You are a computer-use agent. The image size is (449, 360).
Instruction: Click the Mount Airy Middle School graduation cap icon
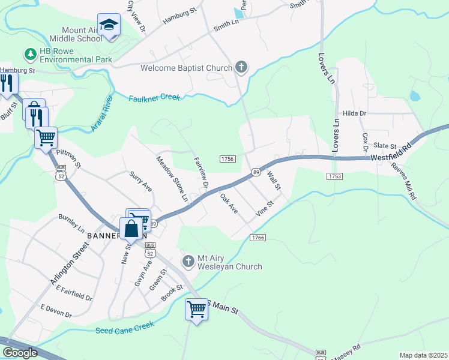(x=109, y=25)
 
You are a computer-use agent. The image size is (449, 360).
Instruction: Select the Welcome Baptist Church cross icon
(x=241, y=67)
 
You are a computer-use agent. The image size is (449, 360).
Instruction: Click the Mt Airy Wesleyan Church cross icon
(x=189, y=260)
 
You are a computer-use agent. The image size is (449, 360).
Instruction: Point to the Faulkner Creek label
(x=154, y=97)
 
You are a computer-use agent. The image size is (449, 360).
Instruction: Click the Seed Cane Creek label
(x=125, y=328)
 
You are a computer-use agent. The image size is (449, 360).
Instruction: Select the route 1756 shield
(x=228, y=158)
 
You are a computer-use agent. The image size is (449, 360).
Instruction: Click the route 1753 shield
(x=335, y=176)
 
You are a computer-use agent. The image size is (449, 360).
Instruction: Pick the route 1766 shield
(x=258, y=238)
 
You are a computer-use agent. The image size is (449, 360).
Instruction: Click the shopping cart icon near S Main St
(x=196, y=309)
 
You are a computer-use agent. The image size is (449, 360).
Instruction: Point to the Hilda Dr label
(x=354, y=113)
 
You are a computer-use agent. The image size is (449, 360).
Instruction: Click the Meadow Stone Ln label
(x=172, y=178)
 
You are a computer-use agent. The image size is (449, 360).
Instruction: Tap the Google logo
(x=19, y=353)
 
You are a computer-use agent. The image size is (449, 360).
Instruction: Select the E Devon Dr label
(x=56, y=311)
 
